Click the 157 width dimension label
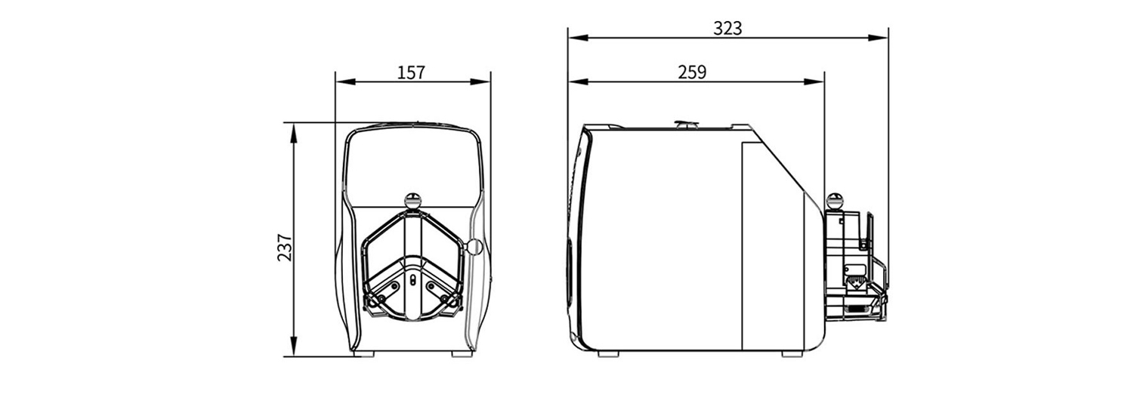pyautogui.click(x=411, y=73)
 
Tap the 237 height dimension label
pyautogui.click(x=285, y=247)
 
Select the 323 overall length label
pyautogui.click(x=727, y=29)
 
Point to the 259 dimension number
pyautogui.click(x=692, y=72)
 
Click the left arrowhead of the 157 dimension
pyautogui.click(x=345, y=82)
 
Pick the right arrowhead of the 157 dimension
pyautogui.click(x=480, y=82)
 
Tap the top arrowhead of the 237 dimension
pyautogui.click(x=293, y=133)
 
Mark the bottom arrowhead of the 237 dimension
pyautogui.click(x=293, y=346)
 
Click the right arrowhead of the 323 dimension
pyautogui.click(x=879, y=38)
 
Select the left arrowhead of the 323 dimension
pyautogui.click(x=578, y=38)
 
